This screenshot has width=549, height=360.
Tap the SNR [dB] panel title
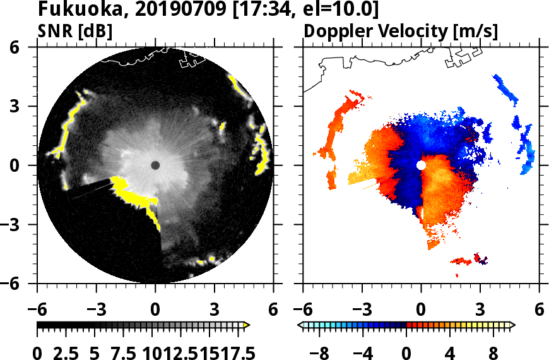(x=75, y=31)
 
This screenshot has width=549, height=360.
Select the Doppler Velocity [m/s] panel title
(x=401, y=31)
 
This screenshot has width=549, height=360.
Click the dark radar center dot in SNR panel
(x=155, y=165)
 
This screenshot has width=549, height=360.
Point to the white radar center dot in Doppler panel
(x=421, y=165)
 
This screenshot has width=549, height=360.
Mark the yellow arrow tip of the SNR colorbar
(x=247, y=325)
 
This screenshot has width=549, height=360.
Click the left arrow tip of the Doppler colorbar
(x=300, y=325)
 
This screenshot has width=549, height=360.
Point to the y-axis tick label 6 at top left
(x=13, y=47)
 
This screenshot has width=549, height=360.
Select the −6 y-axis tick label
(x=13, y=284)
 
